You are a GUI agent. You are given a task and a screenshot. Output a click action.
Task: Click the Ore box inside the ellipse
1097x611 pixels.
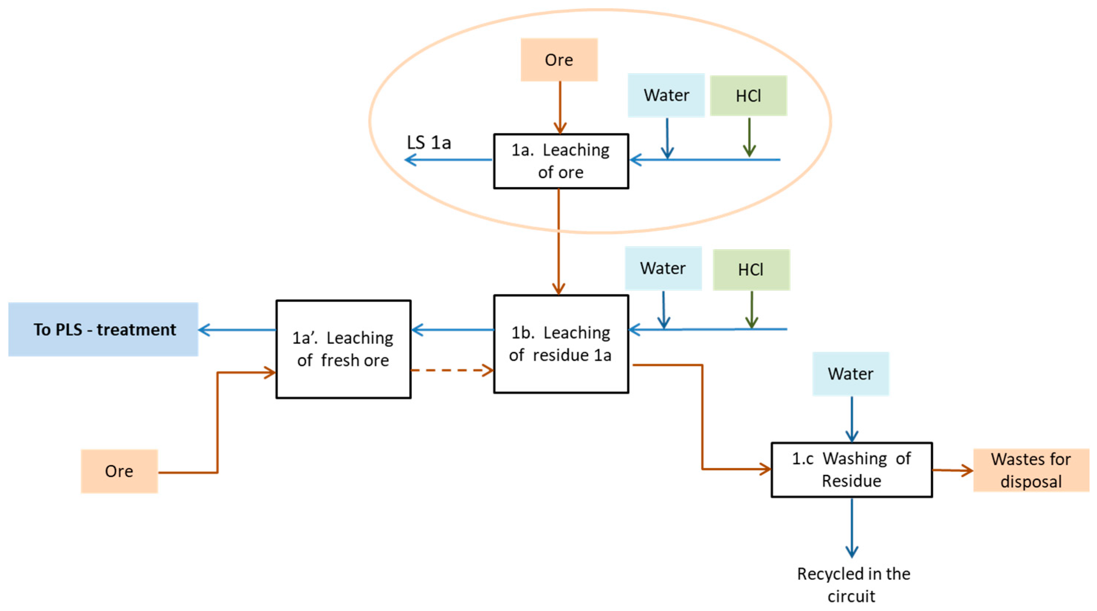pos(559,59)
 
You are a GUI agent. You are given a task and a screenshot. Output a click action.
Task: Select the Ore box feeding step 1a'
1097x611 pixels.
pos(119,471)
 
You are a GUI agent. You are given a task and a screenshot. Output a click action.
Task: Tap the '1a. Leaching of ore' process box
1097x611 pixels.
pos(561,161)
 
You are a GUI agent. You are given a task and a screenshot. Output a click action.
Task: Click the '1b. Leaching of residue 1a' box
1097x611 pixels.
pos(561,344)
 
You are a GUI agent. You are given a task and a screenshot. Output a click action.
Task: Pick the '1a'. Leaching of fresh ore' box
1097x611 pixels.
pos(343,349)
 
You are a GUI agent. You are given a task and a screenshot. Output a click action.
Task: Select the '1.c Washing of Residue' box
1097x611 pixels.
pos(851,469)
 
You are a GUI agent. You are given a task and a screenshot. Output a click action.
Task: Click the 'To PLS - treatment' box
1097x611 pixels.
pos(103,329)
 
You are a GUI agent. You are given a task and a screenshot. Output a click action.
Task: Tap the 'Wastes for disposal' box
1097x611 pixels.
pos(1031,470)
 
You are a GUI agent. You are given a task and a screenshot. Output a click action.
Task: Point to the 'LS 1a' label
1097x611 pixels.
pos(428,142)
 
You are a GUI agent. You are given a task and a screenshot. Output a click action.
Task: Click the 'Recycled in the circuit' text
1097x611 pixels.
pos(853,584)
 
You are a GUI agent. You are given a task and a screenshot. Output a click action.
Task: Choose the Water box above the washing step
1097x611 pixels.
pos(850,373)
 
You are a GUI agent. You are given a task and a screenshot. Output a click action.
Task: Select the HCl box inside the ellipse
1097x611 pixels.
pos(748,96)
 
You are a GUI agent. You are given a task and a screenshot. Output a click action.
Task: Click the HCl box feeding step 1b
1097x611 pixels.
pos(751,270)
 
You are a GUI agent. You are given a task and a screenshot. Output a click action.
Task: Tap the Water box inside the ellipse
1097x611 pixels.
pos(666,95)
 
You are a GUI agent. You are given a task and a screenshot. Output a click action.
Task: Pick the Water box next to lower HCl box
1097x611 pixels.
pos(663,268)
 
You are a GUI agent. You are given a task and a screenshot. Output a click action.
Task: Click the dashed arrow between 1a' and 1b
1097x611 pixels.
pos(452,370)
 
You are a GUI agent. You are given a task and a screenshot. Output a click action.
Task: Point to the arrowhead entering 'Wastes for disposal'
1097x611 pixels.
pos(967,470)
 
